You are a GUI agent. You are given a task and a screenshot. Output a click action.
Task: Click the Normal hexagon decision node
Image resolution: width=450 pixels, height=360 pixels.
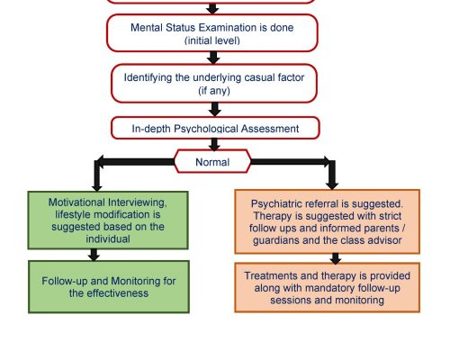pos(212,161)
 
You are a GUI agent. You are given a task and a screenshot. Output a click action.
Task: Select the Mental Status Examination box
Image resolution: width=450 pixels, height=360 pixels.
pos(212,33)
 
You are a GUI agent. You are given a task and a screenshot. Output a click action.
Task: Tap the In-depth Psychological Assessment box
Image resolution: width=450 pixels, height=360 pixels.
pos(215,128)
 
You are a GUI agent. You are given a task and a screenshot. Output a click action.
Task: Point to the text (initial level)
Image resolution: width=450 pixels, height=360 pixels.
pos(212,40)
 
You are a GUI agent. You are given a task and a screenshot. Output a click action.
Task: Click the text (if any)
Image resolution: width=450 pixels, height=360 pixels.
pos(214,90)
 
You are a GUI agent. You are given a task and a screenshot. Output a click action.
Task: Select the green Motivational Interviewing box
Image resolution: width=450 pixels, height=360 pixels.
pos(108,220)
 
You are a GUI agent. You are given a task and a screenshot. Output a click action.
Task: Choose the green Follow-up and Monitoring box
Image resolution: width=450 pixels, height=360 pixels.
pos(109,287)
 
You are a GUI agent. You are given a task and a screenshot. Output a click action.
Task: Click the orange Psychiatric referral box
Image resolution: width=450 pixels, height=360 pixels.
pos(327,221)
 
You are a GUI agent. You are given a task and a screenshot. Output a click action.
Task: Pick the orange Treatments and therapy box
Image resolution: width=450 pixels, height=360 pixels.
pos(327,288)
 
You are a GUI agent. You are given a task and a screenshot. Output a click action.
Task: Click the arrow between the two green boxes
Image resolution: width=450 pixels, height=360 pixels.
pos(94,255)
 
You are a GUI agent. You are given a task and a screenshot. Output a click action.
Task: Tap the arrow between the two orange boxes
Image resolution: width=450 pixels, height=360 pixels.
pos(336,258)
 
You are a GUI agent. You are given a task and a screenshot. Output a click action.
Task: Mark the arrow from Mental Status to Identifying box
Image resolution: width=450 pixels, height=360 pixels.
pos(213,58)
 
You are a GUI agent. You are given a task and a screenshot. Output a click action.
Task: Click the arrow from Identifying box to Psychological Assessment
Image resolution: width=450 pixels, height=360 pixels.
pos(214,110)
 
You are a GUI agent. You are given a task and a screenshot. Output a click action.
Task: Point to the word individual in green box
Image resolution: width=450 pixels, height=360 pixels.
pos(108,239)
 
